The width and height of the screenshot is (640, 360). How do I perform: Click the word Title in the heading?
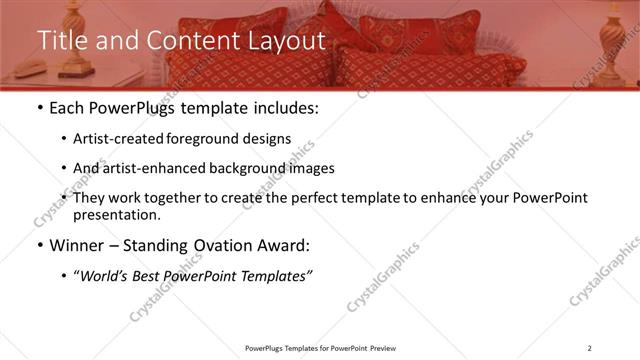pos(61,41)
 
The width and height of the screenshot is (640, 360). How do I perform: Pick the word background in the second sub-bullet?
pos(261,168)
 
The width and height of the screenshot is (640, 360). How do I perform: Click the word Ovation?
pos(230,245)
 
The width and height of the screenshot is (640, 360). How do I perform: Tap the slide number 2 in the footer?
pos(590,348)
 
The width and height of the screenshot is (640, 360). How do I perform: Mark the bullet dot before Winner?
pos(39,246)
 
